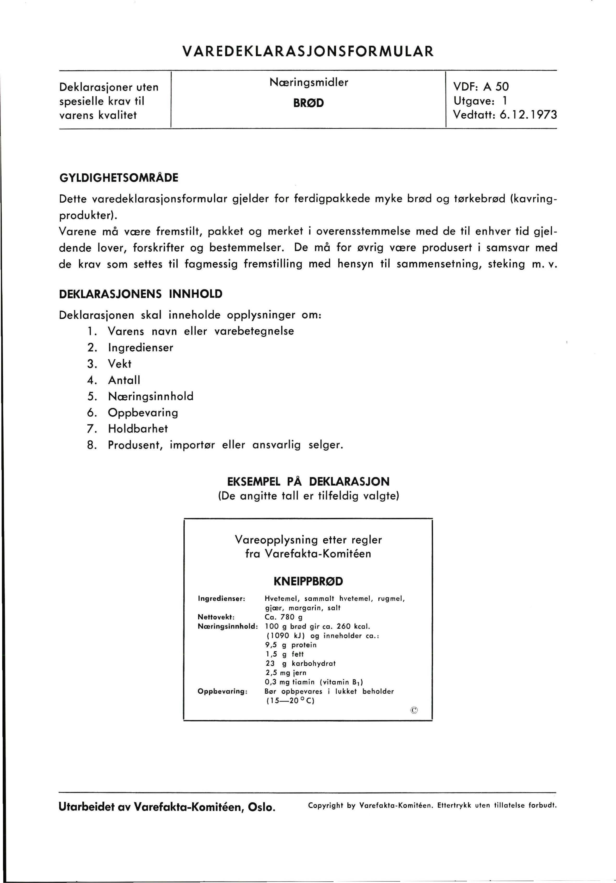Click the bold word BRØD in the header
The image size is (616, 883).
click(x=309, y=103)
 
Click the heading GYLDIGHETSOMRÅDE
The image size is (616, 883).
click(x=119, y=178)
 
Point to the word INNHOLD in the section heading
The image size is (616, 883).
click(x=196, y=294)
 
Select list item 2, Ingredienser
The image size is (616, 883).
click(x=140, y=348)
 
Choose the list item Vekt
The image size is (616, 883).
click(x=120, y=364)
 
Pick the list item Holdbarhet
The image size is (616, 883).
click(x=138, y=428)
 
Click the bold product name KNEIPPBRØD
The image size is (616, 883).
click(x=308, y=582)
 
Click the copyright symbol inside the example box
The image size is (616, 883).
click(x=414, y=710)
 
